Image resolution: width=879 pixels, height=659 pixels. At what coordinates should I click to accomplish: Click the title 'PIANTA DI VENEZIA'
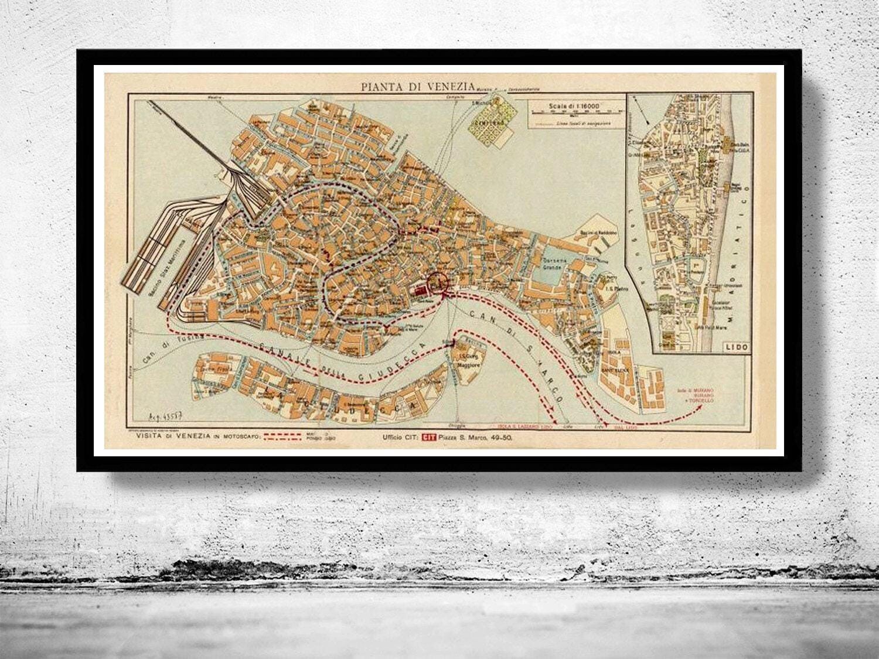417,87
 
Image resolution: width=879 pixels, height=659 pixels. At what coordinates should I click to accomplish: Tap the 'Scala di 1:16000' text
575,107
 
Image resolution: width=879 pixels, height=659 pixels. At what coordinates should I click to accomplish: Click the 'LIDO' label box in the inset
736,347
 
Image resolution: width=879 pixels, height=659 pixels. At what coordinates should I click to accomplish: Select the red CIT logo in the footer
430,436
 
